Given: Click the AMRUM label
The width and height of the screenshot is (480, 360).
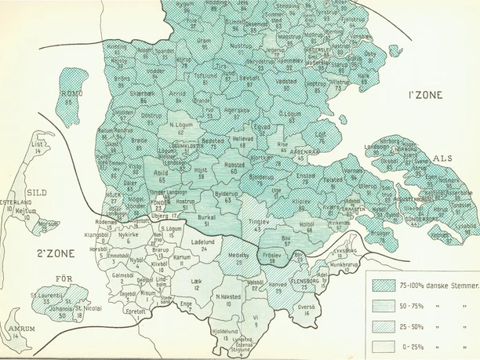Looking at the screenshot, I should pyautogui.click(x=16, y=329).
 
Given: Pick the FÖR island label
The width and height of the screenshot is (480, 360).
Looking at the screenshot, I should pyautogui.click(x=67, y=278).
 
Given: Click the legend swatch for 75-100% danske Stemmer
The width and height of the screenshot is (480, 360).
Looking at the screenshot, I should pyautogui.click(x=383, y=285).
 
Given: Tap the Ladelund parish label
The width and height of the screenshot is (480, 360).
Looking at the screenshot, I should pyautogui.click(x=203, y=242).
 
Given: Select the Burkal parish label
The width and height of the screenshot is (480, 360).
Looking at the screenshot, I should pyautogui.click(x=208, y=215).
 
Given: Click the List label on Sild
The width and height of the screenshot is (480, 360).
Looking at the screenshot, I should pyautogui.click(x=35, y=144).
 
